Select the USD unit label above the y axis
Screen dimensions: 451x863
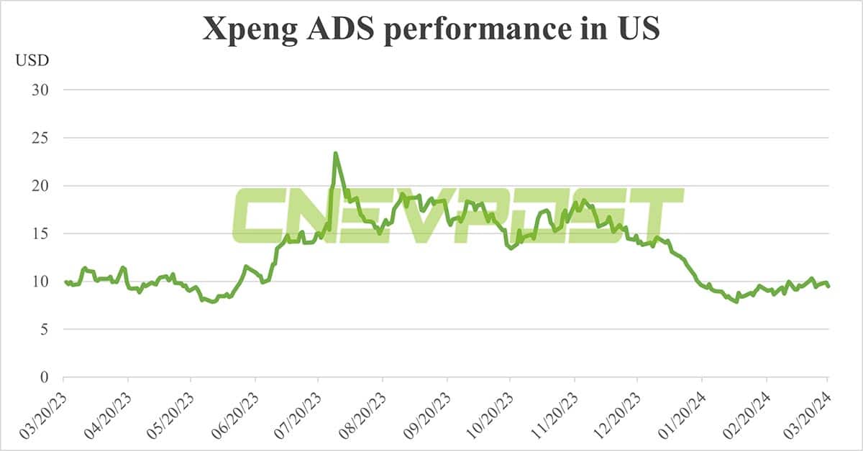(32, 60)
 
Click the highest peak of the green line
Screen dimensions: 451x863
(335, 153)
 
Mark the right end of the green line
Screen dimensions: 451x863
(828, 287)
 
